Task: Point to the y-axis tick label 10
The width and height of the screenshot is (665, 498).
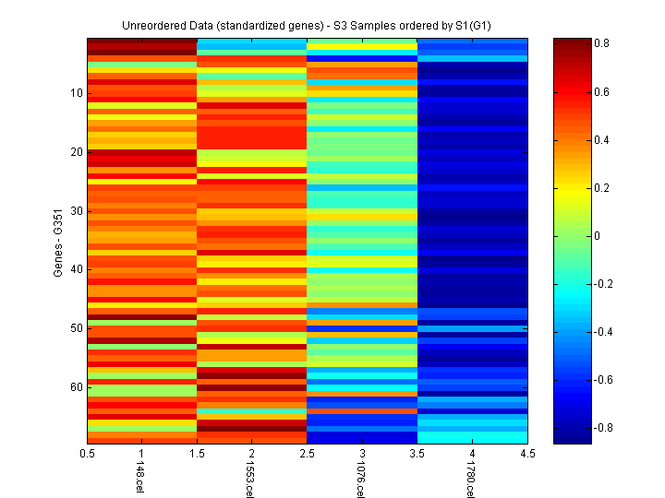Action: pyautogui.click(x=76, y=93)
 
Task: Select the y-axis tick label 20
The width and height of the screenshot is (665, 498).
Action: pyautogui.click(x=76, y=152)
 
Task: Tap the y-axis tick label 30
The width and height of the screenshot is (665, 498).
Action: pyautogui.click(x=76, y=210)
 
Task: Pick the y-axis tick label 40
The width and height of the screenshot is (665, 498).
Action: pyautogui.click(x=76, y=269)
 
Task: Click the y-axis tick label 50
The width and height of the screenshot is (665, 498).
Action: pyautogui.click(x=76, y=328)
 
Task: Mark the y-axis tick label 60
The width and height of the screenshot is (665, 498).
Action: pyautogui.click(x=76, y=386)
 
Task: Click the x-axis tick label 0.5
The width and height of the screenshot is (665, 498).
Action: pyautogui.click(x=88, y=454)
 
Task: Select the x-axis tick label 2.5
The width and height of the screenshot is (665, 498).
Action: pyautogui.click(x=308, y=454)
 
